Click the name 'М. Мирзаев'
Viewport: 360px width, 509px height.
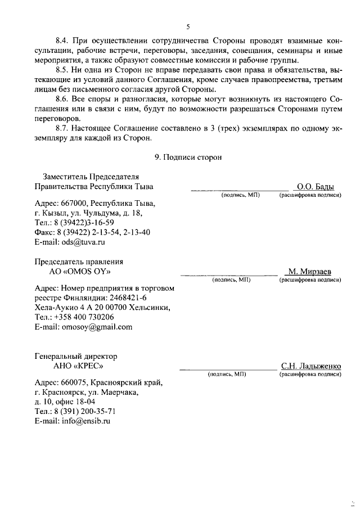[310, 272]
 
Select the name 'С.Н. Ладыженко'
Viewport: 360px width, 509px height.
[311, 367]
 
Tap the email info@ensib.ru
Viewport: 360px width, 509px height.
[85, 421]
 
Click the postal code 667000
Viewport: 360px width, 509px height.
[73, 204]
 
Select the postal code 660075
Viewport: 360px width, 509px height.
[73, 383]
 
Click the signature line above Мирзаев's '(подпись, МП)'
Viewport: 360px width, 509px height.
[229, 274]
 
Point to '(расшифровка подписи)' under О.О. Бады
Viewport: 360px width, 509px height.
[310, 195]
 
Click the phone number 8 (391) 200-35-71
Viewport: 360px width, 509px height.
[82, 411]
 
